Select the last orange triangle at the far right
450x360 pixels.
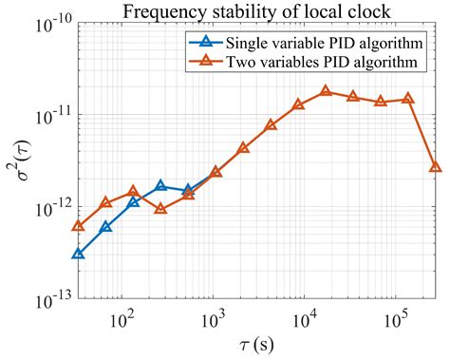pyautogui.click(x=435, y=167)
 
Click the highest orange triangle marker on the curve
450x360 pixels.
pyautogui.click(x=326, y=91)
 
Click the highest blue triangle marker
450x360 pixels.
pyautogui.click(x=160, y=185)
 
